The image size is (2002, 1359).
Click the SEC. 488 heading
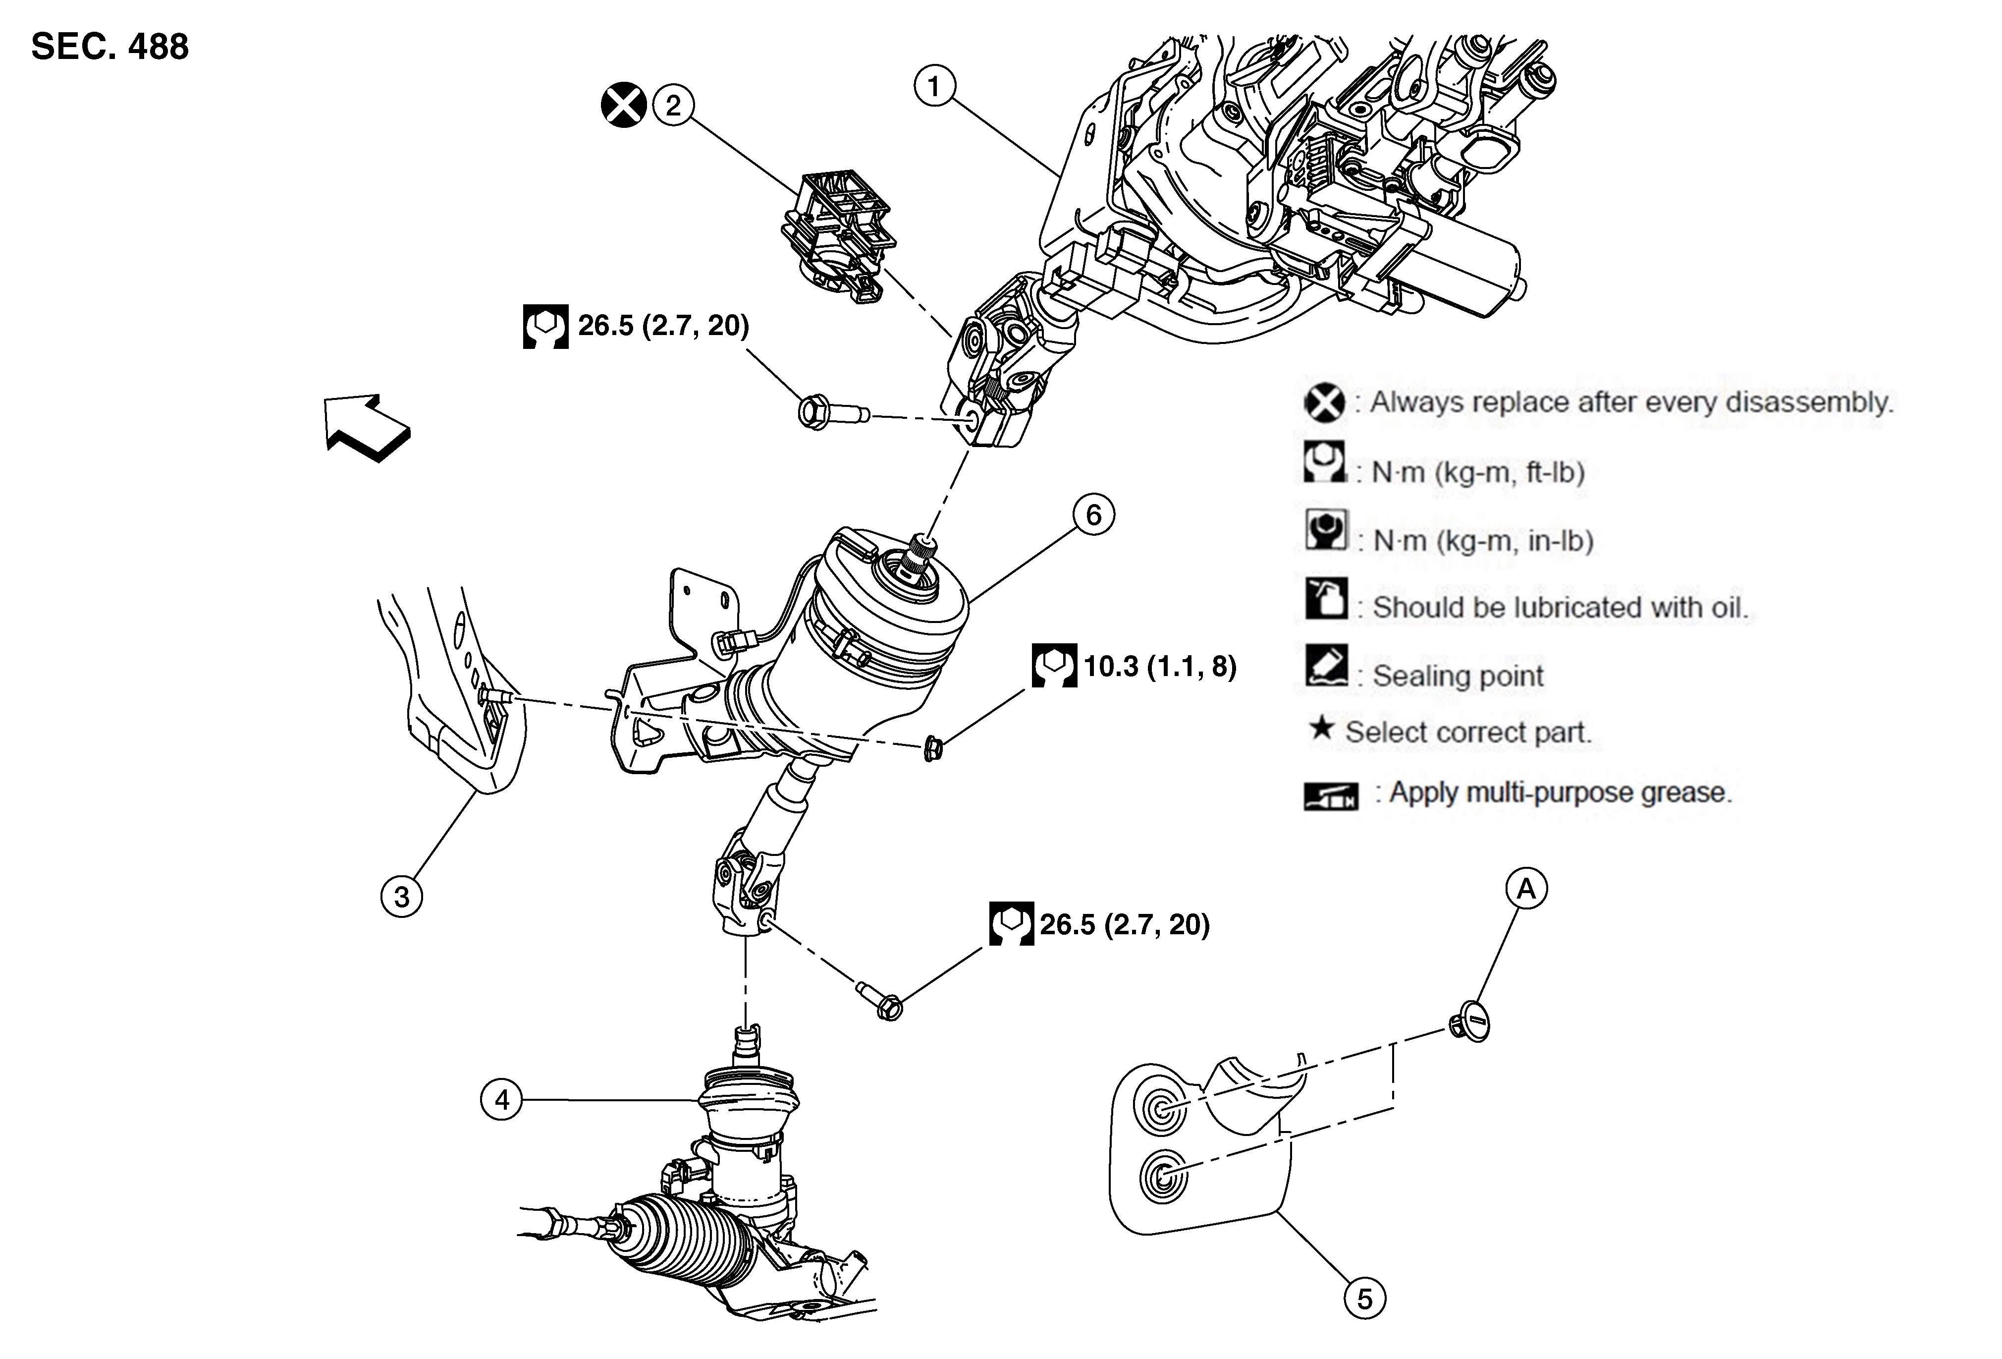coord(109,47)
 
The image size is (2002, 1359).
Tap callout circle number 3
coord(401,896)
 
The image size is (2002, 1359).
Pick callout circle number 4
coord(501,1100)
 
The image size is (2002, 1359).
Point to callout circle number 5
coord(1364,1299)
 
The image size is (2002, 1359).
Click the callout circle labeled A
coord(1526,889)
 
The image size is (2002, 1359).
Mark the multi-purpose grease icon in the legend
coord(1331,796)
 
